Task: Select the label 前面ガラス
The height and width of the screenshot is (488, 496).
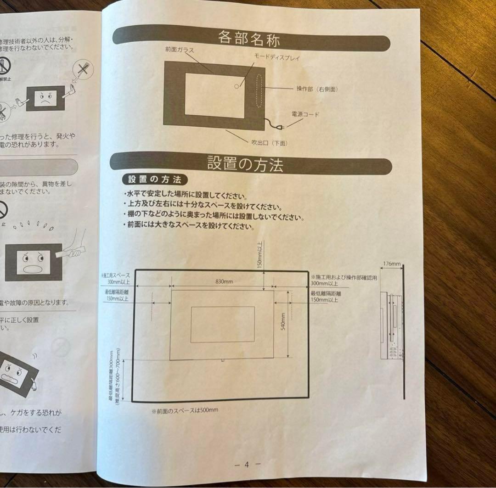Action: click(x=180, y=49)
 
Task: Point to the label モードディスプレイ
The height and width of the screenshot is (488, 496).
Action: click(x=277, y=58)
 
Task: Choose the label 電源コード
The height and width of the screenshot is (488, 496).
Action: click(x=305, y=114)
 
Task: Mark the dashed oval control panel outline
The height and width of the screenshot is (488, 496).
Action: click(x=259, y=89)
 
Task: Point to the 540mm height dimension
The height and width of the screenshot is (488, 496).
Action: click(x=283, y=321)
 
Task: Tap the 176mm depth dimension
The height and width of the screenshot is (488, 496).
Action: click(x=391, y=264)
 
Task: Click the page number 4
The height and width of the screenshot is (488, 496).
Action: click(x=247, y=464)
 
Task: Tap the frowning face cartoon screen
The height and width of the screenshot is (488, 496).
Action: click(x=45, y=98)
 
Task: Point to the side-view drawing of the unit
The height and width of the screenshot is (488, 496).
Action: click(x=393, y=331)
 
